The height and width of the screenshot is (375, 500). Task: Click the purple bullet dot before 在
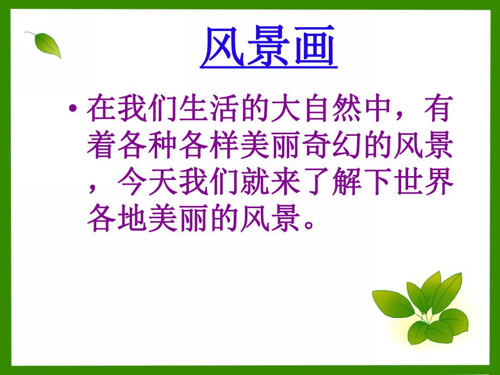click(x=74, y=110)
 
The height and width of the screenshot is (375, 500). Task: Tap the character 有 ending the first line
click(x=439, y=110)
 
